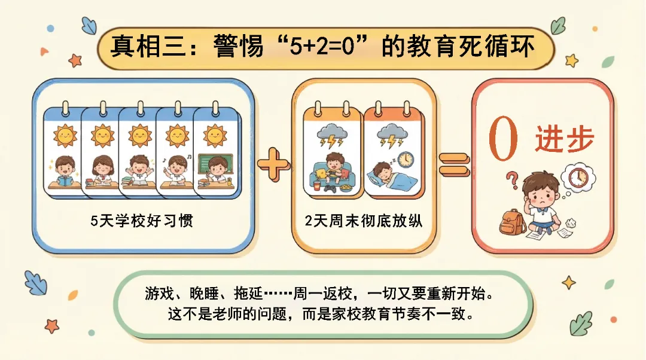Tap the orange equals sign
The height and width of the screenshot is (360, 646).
click(x=455, y=163)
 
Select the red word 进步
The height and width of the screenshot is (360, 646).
click(x=564, y=141)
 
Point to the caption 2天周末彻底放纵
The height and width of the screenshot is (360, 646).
click(x=364, y=221)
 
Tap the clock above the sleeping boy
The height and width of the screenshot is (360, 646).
click(x=405, y=159)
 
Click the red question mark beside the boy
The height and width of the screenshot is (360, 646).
click(x=511, y=179)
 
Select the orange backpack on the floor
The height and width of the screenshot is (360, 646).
click(x=513, y=222)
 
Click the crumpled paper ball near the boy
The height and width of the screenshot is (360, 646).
click(x=571, y=222)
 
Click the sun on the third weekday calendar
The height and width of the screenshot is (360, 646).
click(x=139, y=136)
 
